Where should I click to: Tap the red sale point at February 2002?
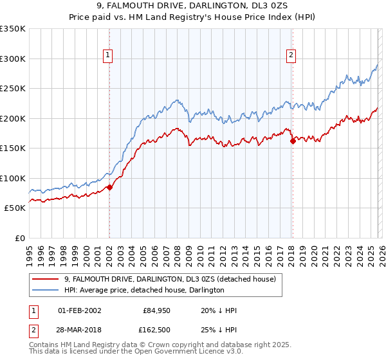(109, 188)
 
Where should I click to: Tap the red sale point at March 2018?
(293, 141)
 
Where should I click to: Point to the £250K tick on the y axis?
(13, 89)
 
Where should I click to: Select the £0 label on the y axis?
(19, 239)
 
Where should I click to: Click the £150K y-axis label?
(13, 148)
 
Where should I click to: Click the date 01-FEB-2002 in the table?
(79, 310)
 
